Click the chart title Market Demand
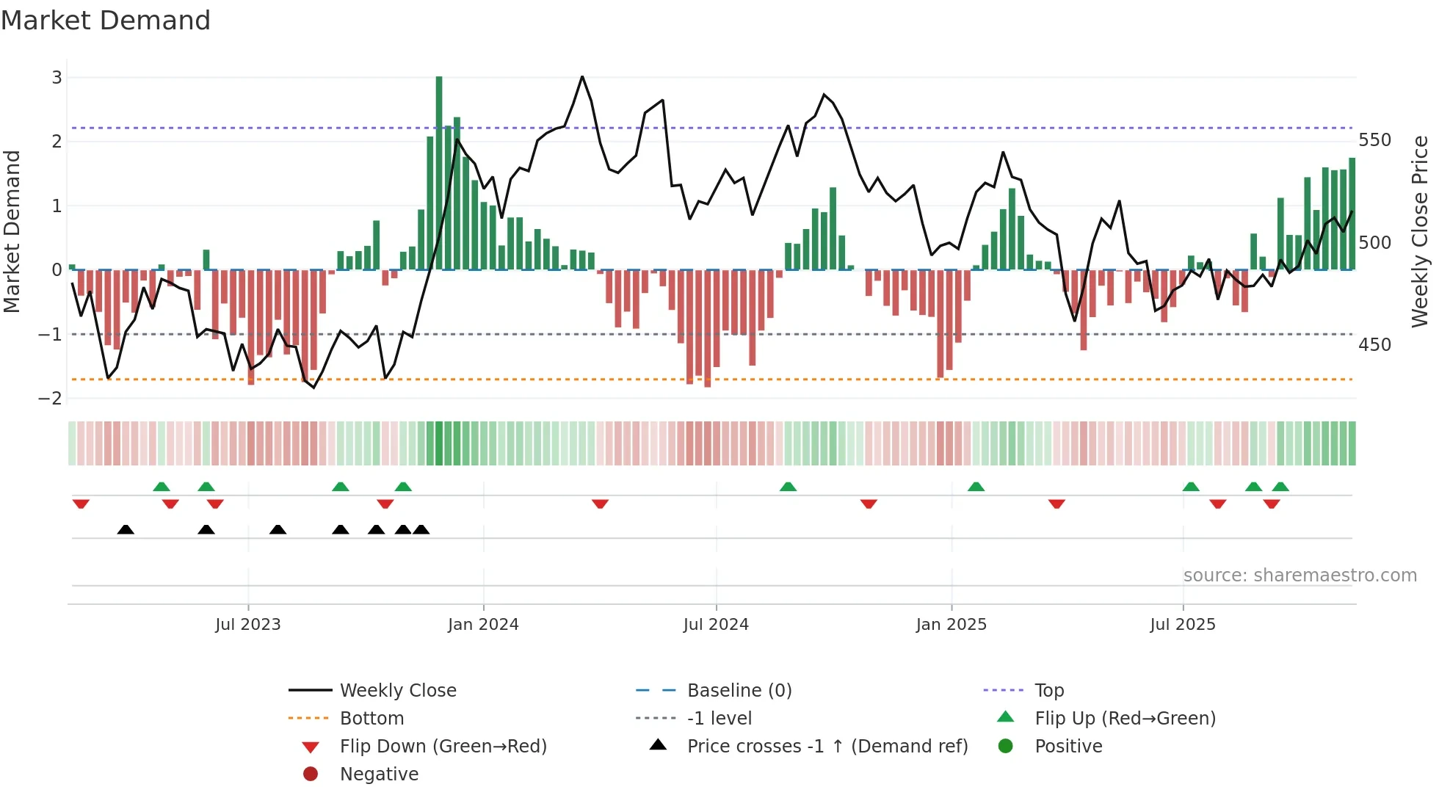(106, 21)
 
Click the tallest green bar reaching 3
(439, 173)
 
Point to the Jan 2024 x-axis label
(483, 625)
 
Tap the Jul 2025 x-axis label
(1183, 625)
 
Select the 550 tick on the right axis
(1374, 140)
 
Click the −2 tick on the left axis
(51, 399)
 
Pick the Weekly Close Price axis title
(1420, 231)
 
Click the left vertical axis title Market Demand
(12, 231)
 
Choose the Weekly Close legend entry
(397, 691)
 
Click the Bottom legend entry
(371, 719)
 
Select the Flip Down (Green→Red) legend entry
(443, 747)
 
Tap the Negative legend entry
(379, 774)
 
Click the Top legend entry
(1049, 691)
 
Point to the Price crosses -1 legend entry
(827, 747)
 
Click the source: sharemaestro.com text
(1300, 576)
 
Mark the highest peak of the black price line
(582, 76)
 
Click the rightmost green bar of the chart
(1352, 214)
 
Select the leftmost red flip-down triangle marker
(81, 504)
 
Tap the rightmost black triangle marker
(421, 529)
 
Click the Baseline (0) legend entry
(739, 691)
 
